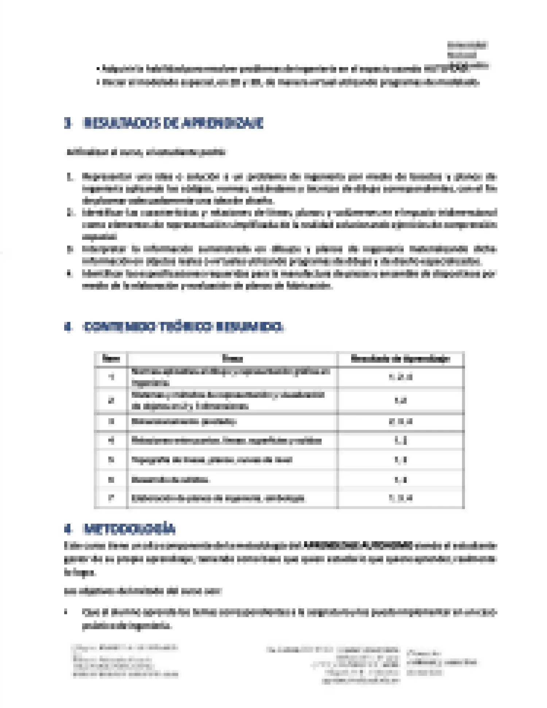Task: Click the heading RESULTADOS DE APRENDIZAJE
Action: tap(173, 124)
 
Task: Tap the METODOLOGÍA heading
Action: tap(129, 529)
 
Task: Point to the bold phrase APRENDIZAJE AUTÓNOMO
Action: tap(358, 546)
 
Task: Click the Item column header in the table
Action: tap(111, 359)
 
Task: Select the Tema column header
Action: tap(233, 359)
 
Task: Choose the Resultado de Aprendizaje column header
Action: tap(400, 359)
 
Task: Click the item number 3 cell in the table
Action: tap(111, 422)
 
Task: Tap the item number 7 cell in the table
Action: tap(111, 498)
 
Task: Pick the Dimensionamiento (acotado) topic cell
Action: tap(184, 422)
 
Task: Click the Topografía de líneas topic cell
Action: tap(212, 460)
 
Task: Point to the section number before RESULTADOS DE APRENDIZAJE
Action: tap(67, 124)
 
